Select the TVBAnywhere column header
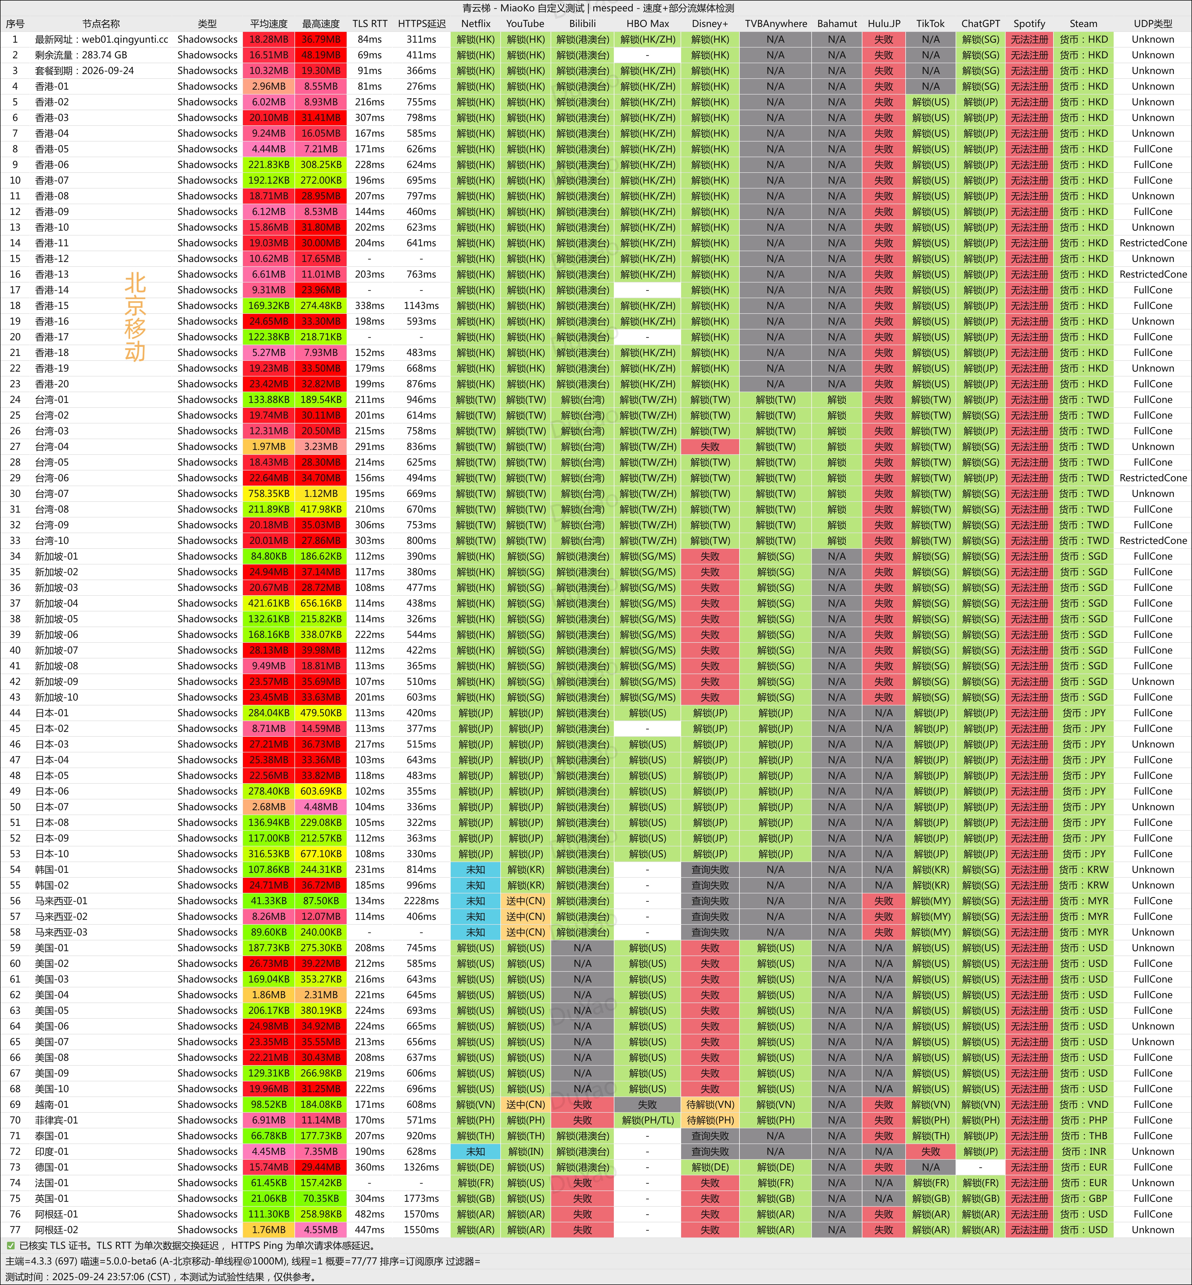(775, 24)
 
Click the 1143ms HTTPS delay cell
(421, 306)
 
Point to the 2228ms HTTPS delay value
(421, 901)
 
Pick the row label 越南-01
(52, 1105)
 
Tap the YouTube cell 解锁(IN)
(526, 1152)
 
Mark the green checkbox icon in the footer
(10, 1246)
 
